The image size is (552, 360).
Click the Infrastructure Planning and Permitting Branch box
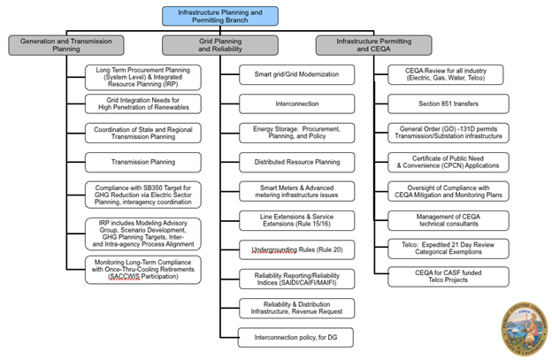[x=219, y=15]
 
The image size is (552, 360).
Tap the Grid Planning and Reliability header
[x=219, y=45]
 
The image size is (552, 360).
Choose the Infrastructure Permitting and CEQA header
[x=373, y=45]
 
